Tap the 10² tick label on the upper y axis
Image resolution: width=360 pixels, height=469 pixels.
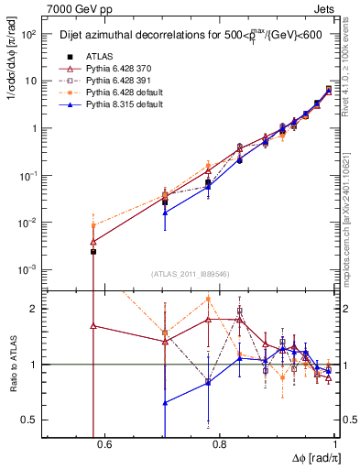pyautogui.click(x=28, y=34)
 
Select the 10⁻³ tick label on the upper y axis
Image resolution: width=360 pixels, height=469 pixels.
pyautogui.click(x=28, y=270)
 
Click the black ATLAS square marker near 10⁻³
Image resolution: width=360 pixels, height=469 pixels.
pyautogui.click(x=93, y=251)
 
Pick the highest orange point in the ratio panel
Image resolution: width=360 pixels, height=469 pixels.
pyautogui.click(x=209, y=299)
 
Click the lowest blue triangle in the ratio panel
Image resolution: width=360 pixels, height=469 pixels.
pyautogui.click(x=165, y=402)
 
